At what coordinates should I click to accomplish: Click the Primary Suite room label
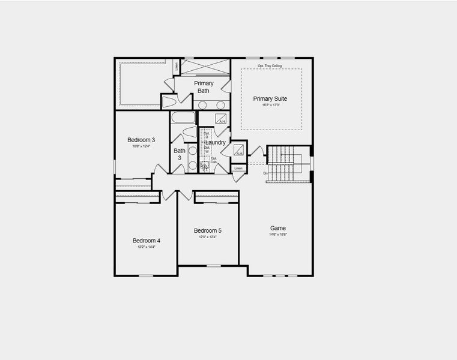[270, 98]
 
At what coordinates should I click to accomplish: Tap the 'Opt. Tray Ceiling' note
[270, 65]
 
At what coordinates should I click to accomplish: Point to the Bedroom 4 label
[146, 241]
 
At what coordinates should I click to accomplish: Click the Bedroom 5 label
[208, 230]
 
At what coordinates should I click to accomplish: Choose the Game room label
[277, 228]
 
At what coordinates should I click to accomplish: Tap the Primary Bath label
[204, 87]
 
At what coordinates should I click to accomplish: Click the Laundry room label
[216, 142]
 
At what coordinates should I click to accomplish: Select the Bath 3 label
[180, 155]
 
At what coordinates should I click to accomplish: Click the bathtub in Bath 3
[183, 117]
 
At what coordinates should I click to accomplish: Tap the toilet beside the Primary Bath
[169, 101]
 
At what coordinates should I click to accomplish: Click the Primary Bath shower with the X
[205, 66]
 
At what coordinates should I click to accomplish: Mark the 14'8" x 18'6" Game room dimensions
[277, 235]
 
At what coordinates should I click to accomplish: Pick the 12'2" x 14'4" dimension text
[146, 247]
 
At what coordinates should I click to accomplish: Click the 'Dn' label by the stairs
[265, 173]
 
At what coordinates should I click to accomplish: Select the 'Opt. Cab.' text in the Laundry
[214, 160]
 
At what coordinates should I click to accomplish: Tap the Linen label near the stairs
[238, 168]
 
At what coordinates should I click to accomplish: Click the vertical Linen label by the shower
[177, 67]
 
